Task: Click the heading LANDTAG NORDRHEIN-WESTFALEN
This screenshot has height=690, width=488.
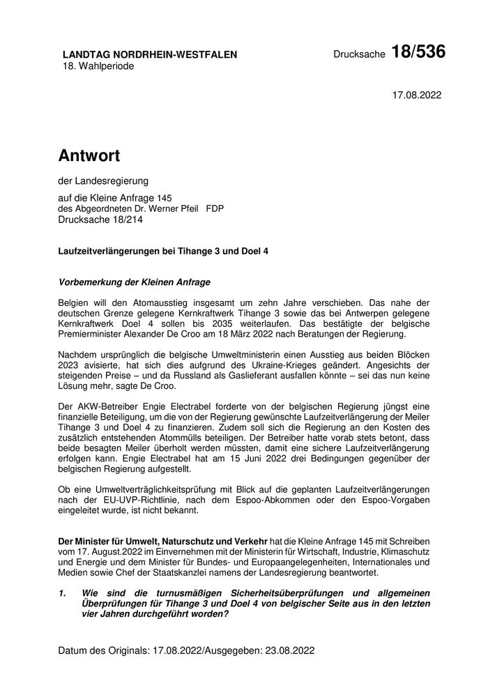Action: [150, 54]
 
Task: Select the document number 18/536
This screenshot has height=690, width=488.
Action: [418, 52]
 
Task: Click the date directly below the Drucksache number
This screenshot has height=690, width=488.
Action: [417, 95]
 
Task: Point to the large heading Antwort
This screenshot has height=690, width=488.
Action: [89, 155]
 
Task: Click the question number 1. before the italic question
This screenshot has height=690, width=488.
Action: [63, 593]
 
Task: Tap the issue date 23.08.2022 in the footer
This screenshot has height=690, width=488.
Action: [287, 651]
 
